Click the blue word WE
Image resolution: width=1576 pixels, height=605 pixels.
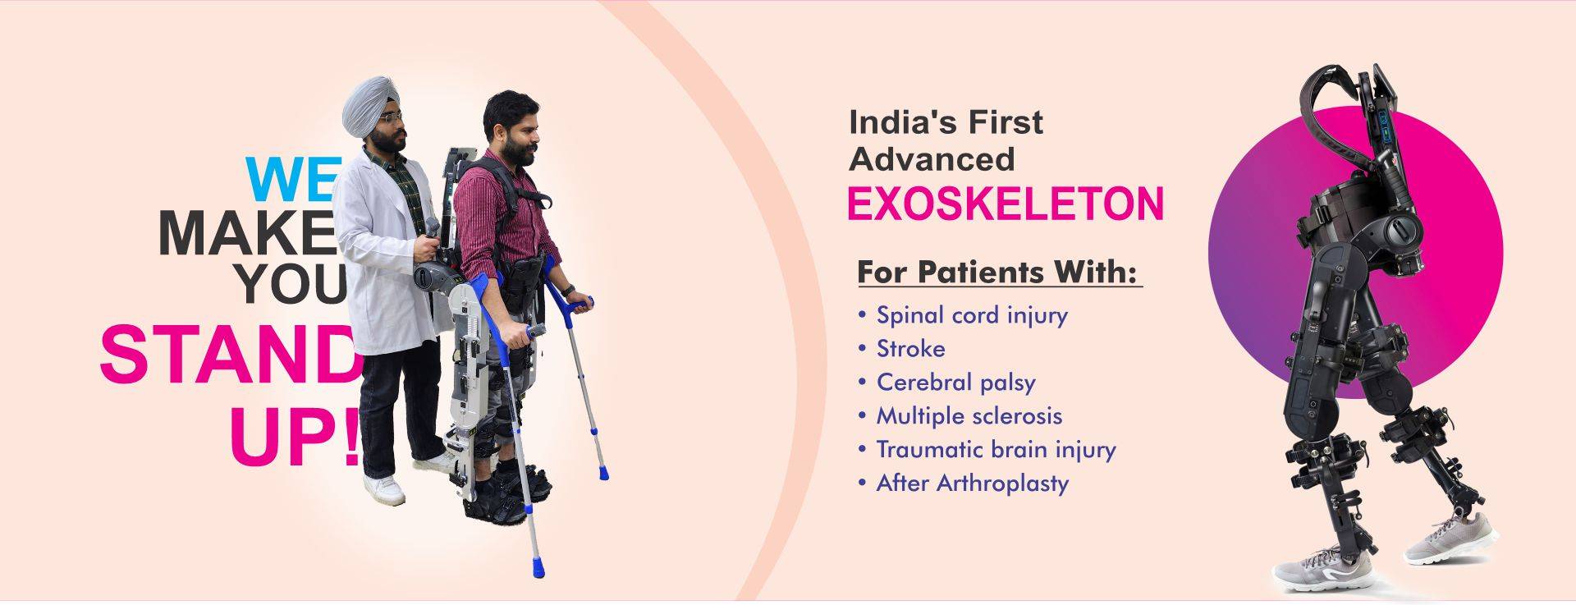coord(293,180)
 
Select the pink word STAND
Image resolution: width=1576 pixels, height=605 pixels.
coord(230,355)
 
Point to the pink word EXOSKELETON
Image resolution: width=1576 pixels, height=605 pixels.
coord(1006,204)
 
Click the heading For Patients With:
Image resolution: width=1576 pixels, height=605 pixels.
coord(998,272)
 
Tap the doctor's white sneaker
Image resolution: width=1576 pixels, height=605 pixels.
coord(384,489)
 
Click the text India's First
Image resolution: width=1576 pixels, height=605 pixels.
coord(946,122)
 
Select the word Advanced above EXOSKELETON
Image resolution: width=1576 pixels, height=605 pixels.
coord(932,159)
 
